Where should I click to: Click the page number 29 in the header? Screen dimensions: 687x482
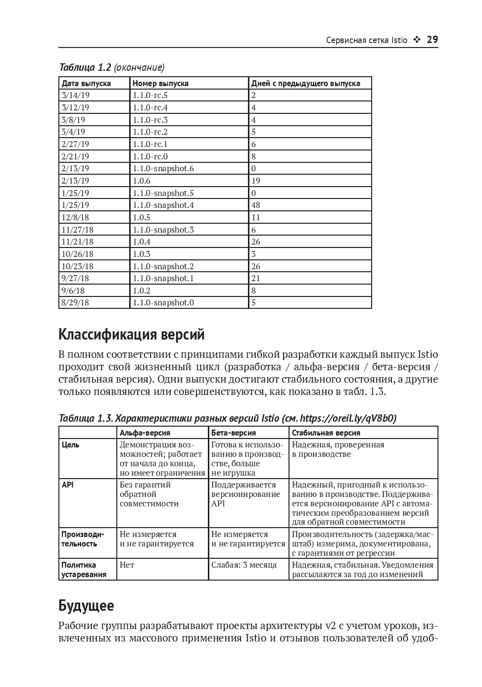[x=432, y=40]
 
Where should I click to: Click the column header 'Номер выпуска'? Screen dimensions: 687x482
[x=160, y=83]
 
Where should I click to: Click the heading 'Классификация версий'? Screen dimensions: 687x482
[x=131, y=335]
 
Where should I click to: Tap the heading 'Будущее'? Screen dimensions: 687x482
[x=86, y=605]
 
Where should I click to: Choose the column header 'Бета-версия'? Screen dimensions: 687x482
[x=234, y=433]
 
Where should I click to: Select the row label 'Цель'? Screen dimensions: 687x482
[x=70, y=444]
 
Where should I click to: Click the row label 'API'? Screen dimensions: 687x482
[x=67, y=485]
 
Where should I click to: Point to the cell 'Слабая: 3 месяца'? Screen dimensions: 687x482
[x=244, y=565]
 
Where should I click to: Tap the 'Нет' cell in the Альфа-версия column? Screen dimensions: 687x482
[x=127, y=565]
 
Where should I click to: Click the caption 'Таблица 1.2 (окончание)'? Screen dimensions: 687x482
[x=111, y=67]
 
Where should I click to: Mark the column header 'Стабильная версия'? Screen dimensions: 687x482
[x=326, y=433]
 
